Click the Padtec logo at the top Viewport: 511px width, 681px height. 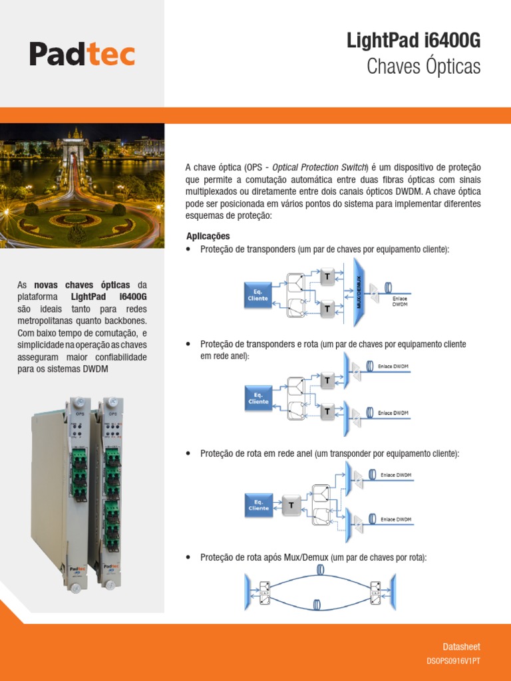(82, 54)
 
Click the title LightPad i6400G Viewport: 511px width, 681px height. (413, 41)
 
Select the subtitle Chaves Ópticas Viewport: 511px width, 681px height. (423, 67)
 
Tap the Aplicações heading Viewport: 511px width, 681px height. (208, 236)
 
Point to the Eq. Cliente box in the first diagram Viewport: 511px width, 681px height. (258, 295)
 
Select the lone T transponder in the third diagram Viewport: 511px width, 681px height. (291, 505)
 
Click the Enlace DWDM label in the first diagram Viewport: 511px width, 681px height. (399, 301)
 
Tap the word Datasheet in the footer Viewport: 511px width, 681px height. (461, 646)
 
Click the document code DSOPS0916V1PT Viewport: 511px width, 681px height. (453, 662)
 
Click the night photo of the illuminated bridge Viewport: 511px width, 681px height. (82, 186)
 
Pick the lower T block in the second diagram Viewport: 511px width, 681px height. (327, 412)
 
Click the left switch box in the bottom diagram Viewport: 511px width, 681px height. (265, 590)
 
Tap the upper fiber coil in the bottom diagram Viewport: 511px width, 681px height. (320, 570)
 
